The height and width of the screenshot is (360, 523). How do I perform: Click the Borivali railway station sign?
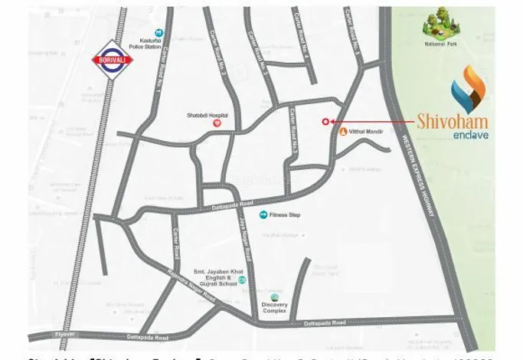click(x=113, y=60)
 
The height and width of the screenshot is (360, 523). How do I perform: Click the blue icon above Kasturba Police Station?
click(x=159, y=33)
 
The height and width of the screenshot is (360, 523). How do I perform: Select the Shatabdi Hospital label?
click(x=204, y=115)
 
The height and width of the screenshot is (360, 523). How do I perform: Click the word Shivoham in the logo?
click(x=452, y=121)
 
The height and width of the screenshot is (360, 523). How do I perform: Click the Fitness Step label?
click(x=284, y=214)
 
